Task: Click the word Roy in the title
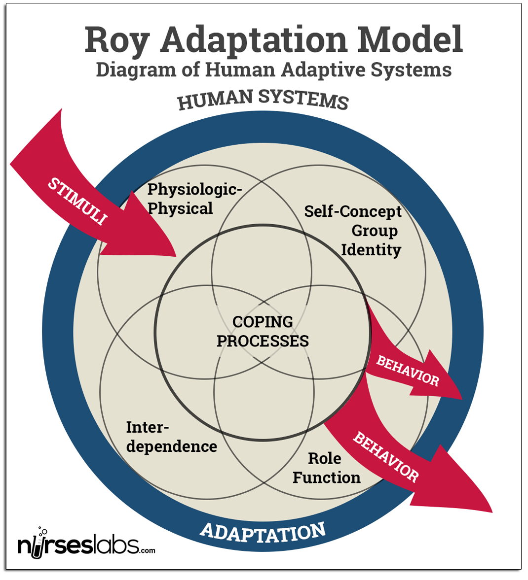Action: [116, 40]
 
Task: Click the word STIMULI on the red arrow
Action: [77, 202]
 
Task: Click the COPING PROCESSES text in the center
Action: [263, 331]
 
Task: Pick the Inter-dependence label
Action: [171, 437]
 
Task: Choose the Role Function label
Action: [326, 468]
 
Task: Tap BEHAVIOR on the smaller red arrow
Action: [407, 371]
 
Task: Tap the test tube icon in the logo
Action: [38, 546]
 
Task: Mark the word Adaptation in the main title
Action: [254, 40]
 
